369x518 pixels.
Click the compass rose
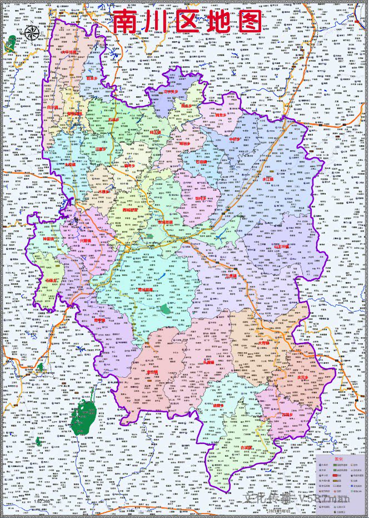pyautogui.click(x=32, y=33)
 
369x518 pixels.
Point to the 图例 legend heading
pyautogui.click(x=339, y=460)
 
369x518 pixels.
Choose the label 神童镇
pyautogui.click(x=51, y=240)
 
